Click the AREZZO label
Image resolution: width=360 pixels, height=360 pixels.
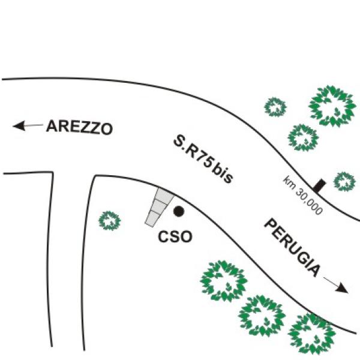pyautogui.click(x=79, y=127)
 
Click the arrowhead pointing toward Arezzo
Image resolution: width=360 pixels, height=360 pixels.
pyautogui.click(x=19, y=126)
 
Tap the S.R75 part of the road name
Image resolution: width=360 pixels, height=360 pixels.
pyautogui.click(x=193, y=152)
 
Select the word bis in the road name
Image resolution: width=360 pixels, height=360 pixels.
pyautogui.click(x=222, y=172)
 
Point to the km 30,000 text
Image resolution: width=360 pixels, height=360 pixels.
pyautogui.click(x=303, y=195)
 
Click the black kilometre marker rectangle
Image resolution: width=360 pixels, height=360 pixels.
pyautogui.click(x=320, y=185)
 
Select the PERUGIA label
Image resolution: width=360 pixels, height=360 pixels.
pyautogui.click(x=292, y=248)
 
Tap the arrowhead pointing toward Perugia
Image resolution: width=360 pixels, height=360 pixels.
pyautogui.click(x=343, y=289)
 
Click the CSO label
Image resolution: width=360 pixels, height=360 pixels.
pyautogui.click(x=175, y=237)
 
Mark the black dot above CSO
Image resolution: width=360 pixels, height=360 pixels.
pyautogui.click(x=179, y=211)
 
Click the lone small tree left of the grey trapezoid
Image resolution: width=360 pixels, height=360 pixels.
pyautogui.click(x=110, y=221)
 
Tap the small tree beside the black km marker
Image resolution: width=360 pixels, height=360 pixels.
pyautogui.click(x=344, y=182)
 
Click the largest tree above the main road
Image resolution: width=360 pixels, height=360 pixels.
pyautogui.click(x=332, y=106)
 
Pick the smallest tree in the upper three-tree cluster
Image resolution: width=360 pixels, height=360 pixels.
pyautogui.click(x=275, y=107)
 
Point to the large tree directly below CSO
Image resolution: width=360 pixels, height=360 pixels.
pyautogui.click(x=224, y=281)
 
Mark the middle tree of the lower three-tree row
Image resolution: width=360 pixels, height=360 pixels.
pyautogui.click(x=262, y=316)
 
